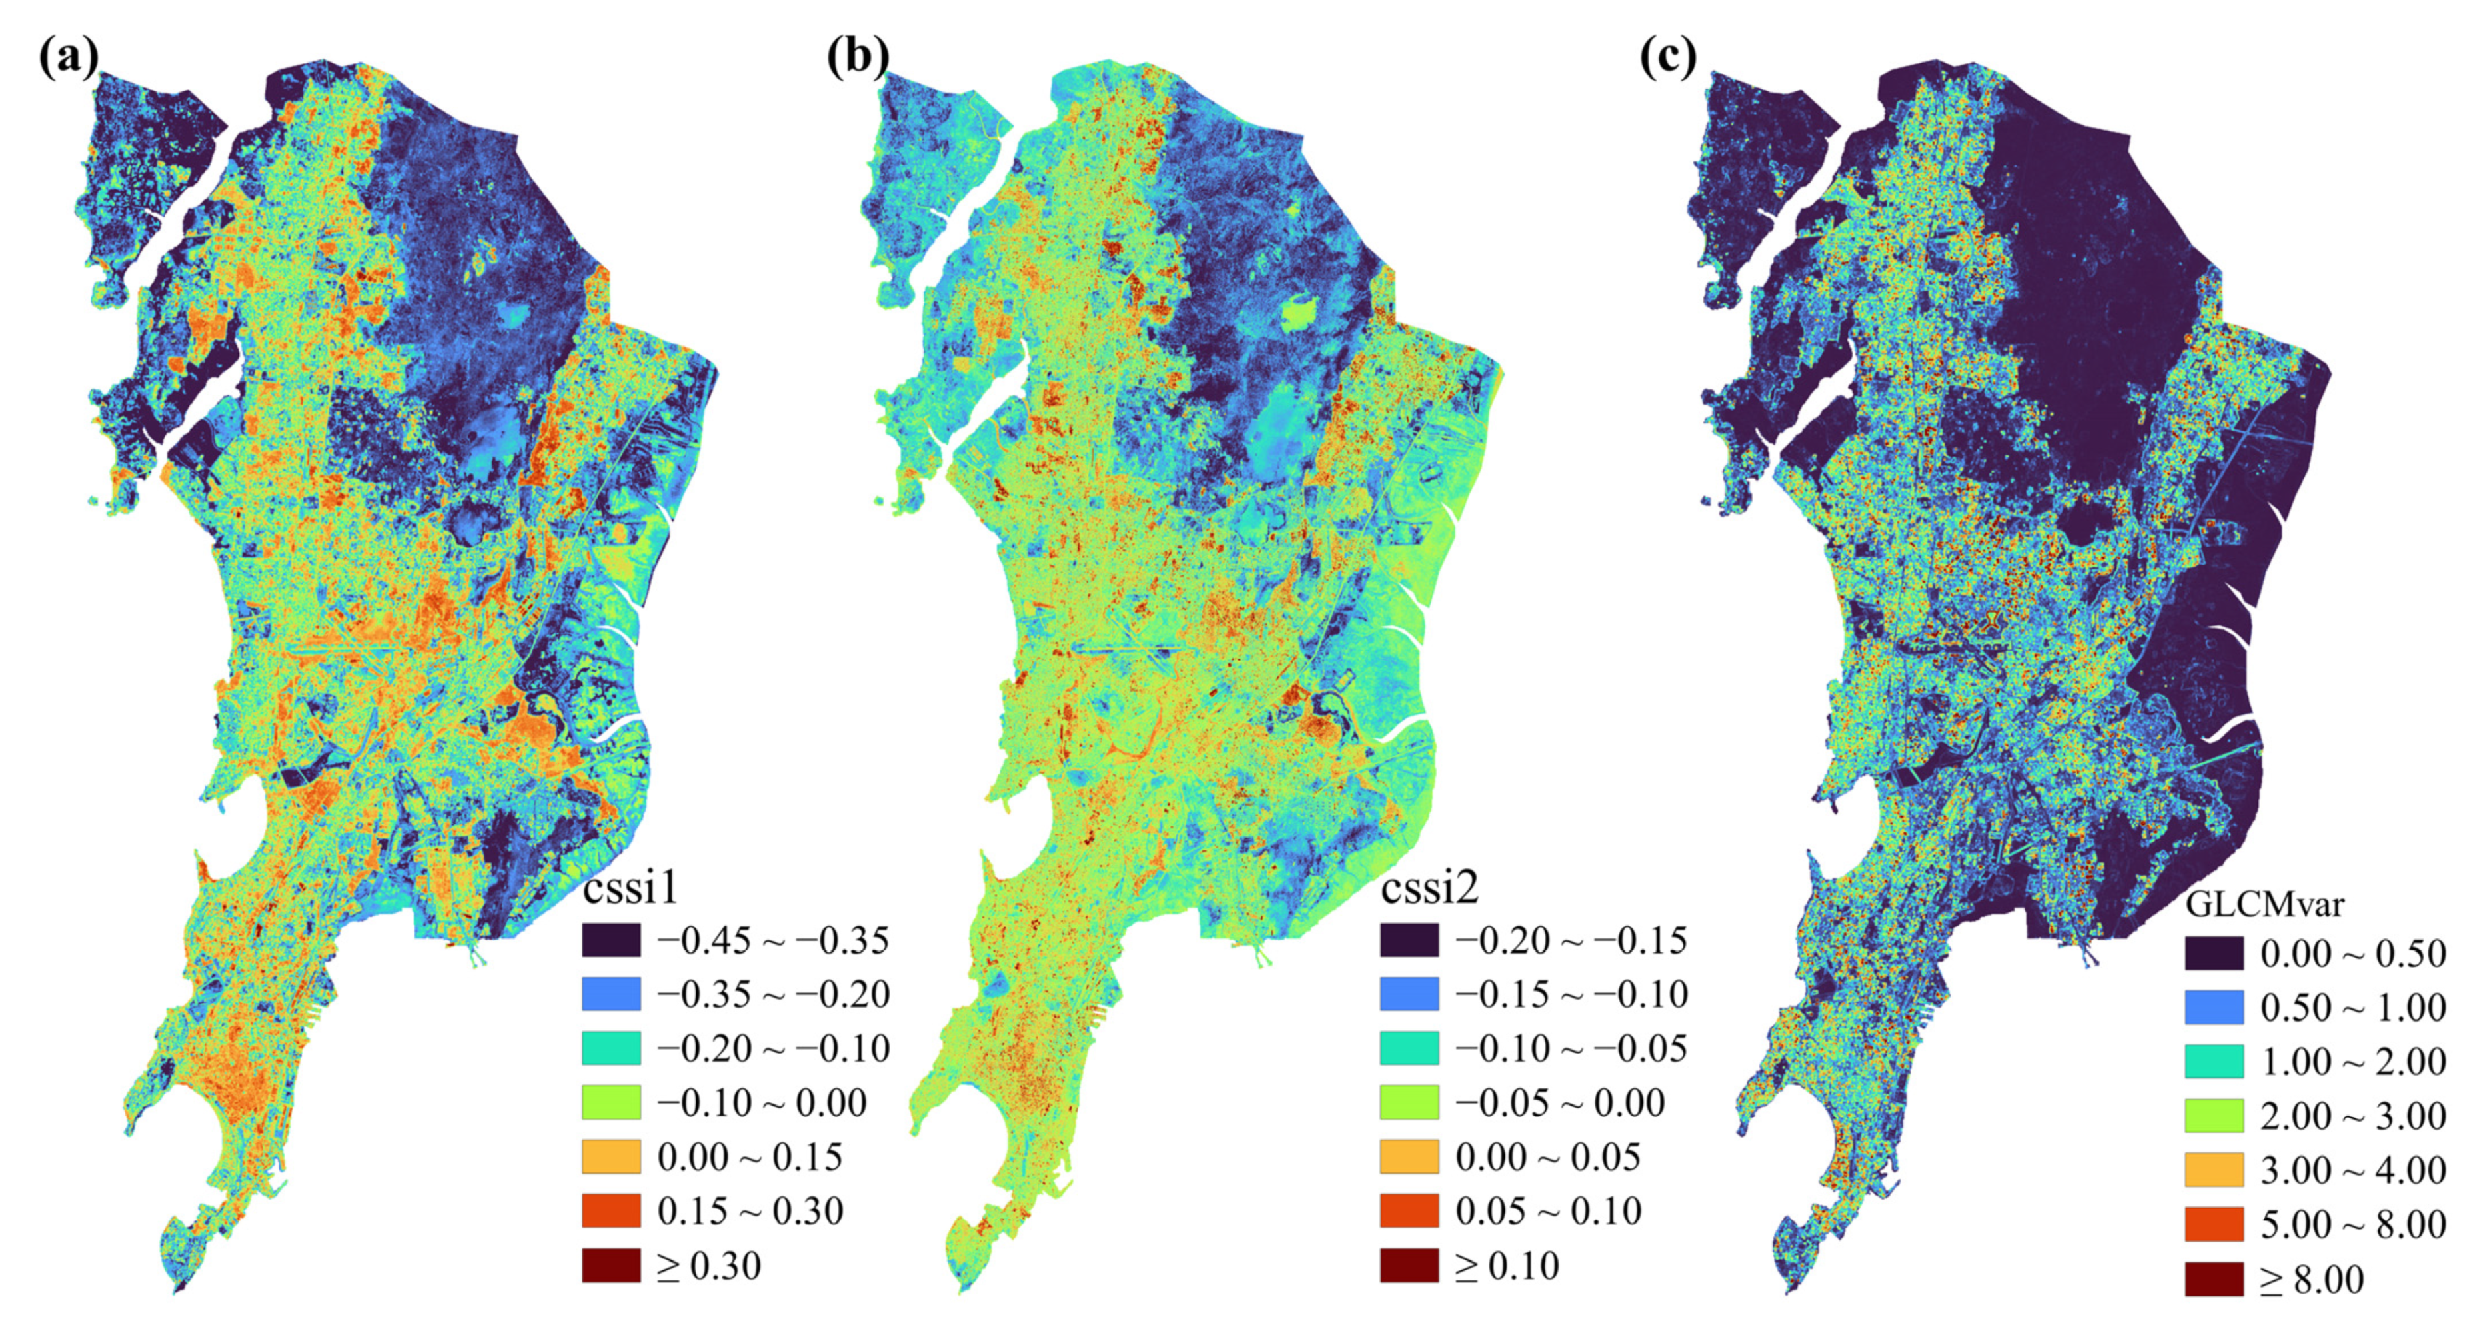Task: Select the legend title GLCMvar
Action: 2263,903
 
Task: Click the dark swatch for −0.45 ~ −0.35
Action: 610,940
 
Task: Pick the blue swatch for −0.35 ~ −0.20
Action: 610,994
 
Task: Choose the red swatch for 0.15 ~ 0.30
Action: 610,1210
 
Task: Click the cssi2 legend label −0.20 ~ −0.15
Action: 1571,940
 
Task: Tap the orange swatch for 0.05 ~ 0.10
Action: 1409,1210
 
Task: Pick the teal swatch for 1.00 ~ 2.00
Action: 2213,1061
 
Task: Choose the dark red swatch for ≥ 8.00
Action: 2213,1279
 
